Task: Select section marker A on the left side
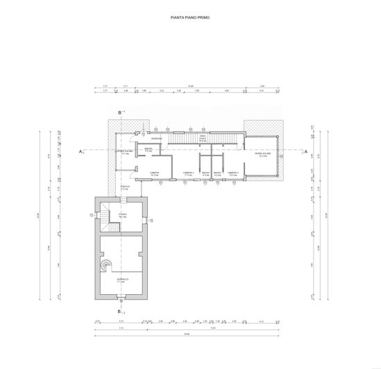[x=81, y=151]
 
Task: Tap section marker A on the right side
[x=306, y=151]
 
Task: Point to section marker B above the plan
[x=121, y=112]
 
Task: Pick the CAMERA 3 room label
[x=232, y=173]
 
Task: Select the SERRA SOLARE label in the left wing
[x=125, y=152]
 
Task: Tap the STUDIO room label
[x=122, y=216]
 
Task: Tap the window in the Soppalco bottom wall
[x=121, y=299]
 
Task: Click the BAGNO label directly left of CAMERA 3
[x=217, y=173]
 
